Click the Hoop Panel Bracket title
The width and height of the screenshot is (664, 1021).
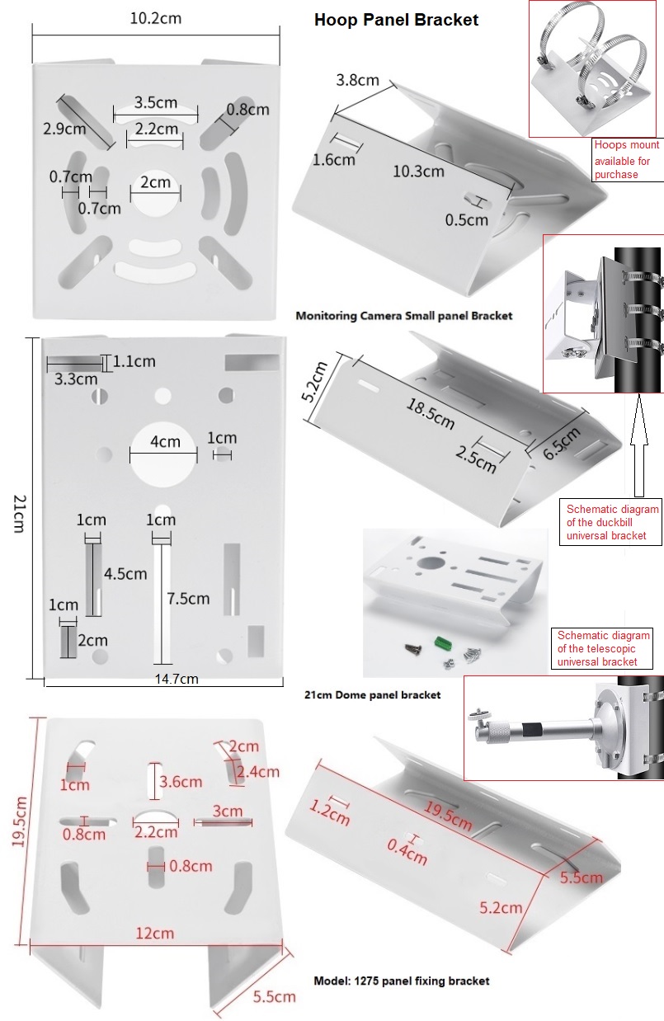(x=396, y=20)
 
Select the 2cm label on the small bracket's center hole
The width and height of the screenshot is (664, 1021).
(x=155, y=182)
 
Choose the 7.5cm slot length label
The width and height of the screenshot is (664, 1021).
(x=188, y=598)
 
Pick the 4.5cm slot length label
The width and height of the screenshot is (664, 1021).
(x=125, y=573)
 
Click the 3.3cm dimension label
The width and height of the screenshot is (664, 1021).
(x=76, y=379)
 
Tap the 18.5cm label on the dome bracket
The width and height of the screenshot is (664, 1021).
(x=428, y=411)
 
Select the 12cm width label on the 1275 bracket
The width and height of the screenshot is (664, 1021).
(x=155, y=933)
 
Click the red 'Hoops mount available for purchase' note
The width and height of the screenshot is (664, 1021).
(x=623, y=160)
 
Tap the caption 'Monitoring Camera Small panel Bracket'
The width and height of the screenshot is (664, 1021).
(x=403, y=315)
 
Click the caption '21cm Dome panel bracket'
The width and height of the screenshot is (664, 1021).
(x=372, y=694)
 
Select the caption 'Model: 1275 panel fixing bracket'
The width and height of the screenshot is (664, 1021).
(x=401, y=981)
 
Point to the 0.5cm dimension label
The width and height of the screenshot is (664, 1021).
(x=467, y=219)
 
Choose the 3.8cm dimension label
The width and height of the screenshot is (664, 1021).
(x=357, y=80)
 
